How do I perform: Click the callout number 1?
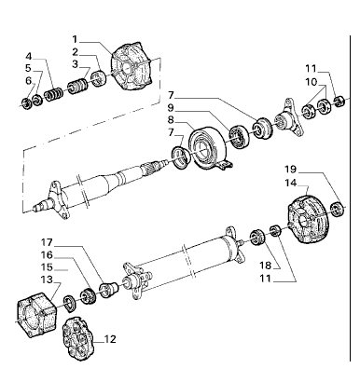[x=75, y=39]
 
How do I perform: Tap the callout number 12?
[x=110, y=339]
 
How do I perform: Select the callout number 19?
[x=291, y=170]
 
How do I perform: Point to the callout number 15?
[x=47, y=267]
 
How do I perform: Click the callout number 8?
[x=171, y=119]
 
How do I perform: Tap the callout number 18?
[x=266, y=266]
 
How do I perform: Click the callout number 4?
[x=29, y=56]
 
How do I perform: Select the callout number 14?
[x=291, y=183]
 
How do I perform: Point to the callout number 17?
[x=47, y=242]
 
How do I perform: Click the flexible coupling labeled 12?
[x=77, y=338]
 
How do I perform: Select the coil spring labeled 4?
[x=53, y=94]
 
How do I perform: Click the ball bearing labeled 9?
[x=239, y=136]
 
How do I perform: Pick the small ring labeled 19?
[x=338, y=209]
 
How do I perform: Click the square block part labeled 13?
[x=36, y=314]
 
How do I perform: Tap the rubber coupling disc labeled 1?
[x=131, y=67]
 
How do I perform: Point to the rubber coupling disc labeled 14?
[x=308, y=219]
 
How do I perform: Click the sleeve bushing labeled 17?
[x=109, y=290]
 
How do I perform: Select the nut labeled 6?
[x=26, y=102]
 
